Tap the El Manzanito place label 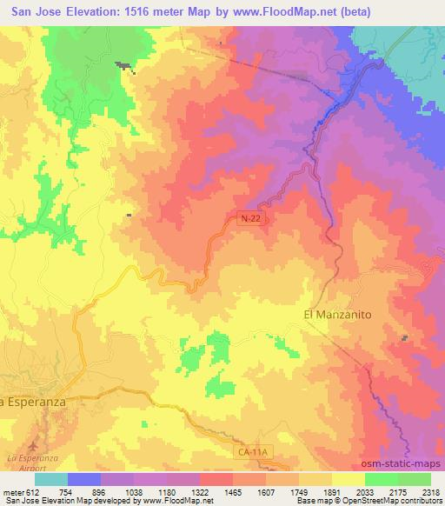pyautogui.click(x=337, y=314)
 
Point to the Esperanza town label pyautogui.click(x=33, y=402)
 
